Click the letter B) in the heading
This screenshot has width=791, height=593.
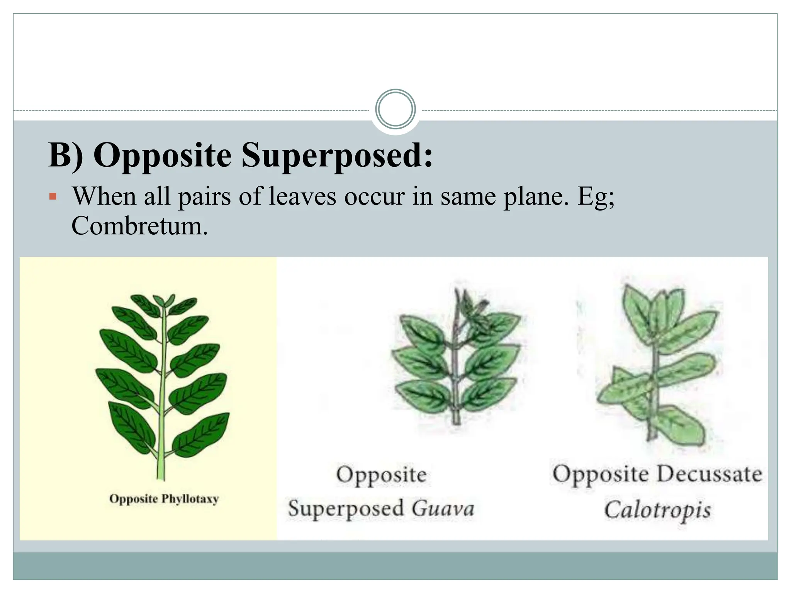[x=66, y=155]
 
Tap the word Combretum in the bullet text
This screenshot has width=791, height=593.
[x=139, y=226]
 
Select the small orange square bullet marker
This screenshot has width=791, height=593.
[x=53, y=197]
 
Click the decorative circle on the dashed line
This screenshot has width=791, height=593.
[x=395, y=109]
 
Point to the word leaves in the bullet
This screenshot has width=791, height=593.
[x=302, y=197]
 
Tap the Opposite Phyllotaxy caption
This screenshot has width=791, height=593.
[x=164, y=499]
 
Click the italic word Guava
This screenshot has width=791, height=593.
[x=443, y=508]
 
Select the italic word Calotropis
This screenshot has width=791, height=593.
[x=657, y=510]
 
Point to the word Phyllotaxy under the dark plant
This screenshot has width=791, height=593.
[x=190, y=499]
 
